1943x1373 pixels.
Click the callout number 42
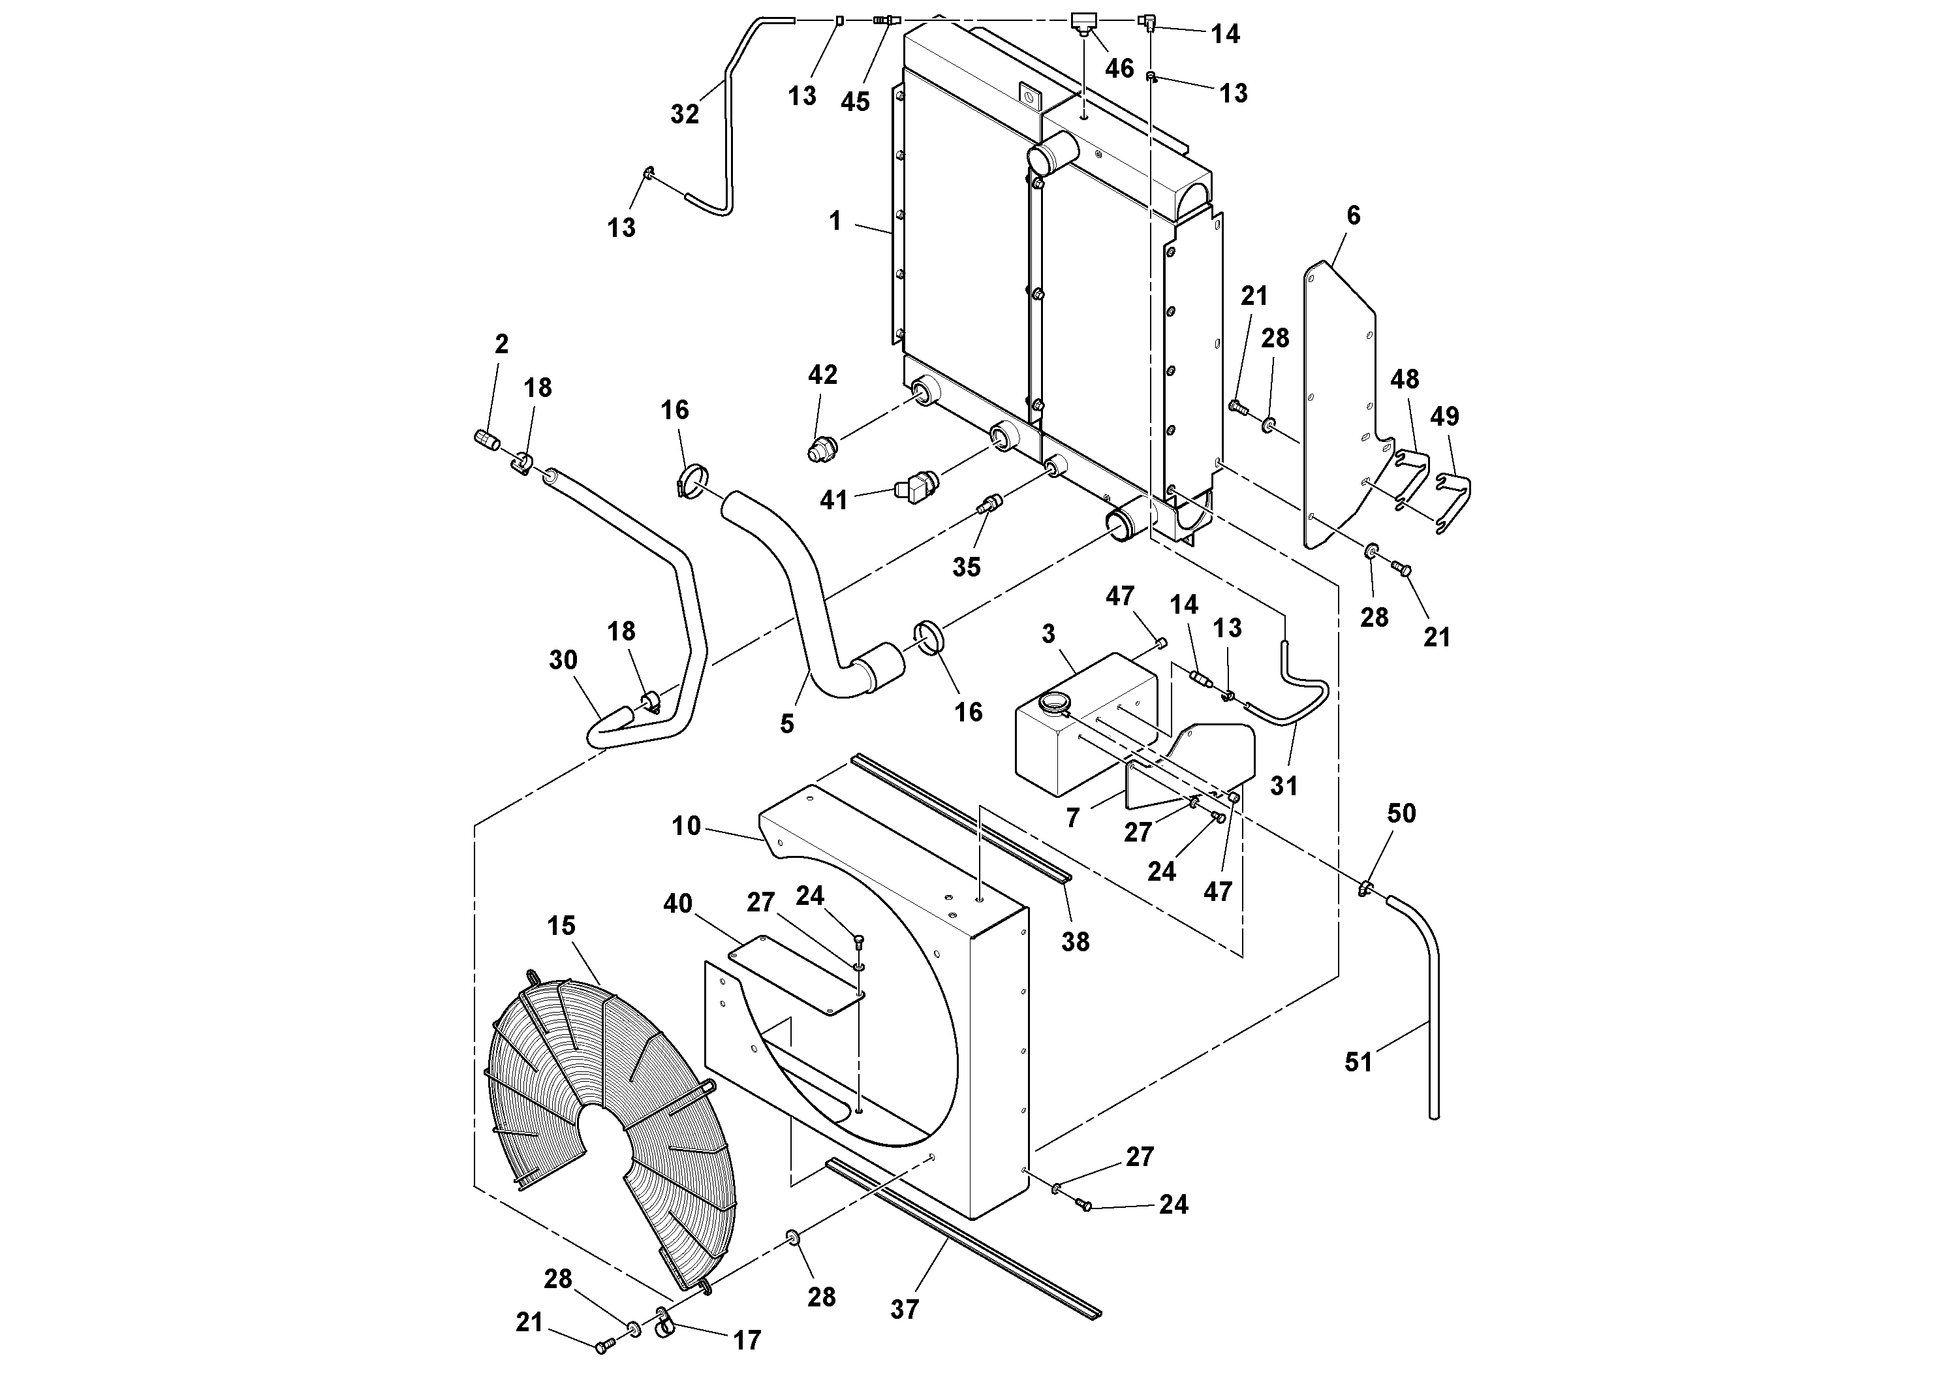[x=822, y=374]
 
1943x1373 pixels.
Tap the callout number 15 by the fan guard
[x=561, y=925]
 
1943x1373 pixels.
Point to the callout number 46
[x=1119, y=69]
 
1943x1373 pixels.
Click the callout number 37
[x=904, y=1310]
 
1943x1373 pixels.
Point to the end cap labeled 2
[x=486, y=439]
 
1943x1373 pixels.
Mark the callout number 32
[x=685, y=114]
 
